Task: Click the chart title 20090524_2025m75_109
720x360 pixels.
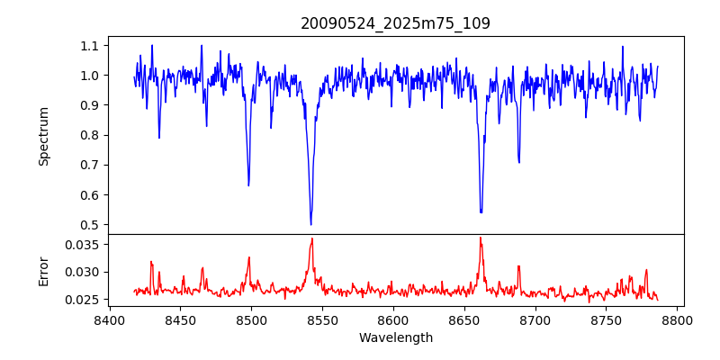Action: [395, 23]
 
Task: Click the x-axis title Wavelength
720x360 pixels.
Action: [395, 338]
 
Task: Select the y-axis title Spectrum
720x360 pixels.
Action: [43, 136]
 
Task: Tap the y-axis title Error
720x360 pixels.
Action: [43, 271]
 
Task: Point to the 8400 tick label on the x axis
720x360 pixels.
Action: [109, 320]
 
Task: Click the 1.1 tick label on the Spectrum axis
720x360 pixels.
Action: [90, 45]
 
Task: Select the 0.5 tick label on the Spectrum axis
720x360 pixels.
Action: [90, 225]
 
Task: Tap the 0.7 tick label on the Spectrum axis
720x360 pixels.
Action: [90, 165]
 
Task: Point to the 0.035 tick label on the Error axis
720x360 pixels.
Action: [85, 245]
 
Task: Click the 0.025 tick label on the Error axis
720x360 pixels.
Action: [85, 300]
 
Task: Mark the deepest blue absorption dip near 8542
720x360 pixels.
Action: [310, 224]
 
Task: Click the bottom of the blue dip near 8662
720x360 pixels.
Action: [481, 212]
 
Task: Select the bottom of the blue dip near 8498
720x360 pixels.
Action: [248, 185]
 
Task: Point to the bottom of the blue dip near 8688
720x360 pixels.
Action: [518, 162]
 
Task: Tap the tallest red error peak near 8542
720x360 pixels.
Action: [311, 238]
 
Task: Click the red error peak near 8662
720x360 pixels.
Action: [481, 238]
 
